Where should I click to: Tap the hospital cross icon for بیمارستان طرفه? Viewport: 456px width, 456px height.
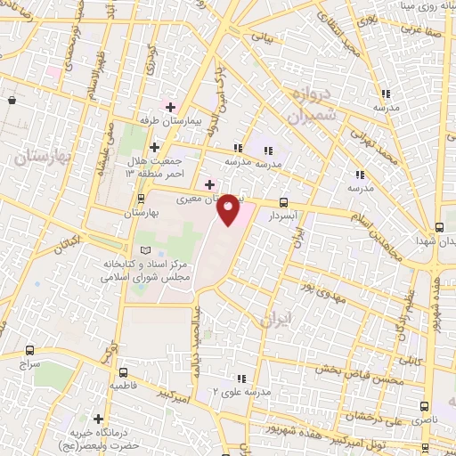click(170, 107)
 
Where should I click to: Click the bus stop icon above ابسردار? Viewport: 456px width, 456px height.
click(283, 202)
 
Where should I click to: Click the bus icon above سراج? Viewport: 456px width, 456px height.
click(31, 350)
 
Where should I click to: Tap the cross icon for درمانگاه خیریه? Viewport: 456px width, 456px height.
click(98, 418)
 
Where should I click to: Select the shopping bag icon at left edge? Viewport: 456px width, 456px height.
click(11, 101)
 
